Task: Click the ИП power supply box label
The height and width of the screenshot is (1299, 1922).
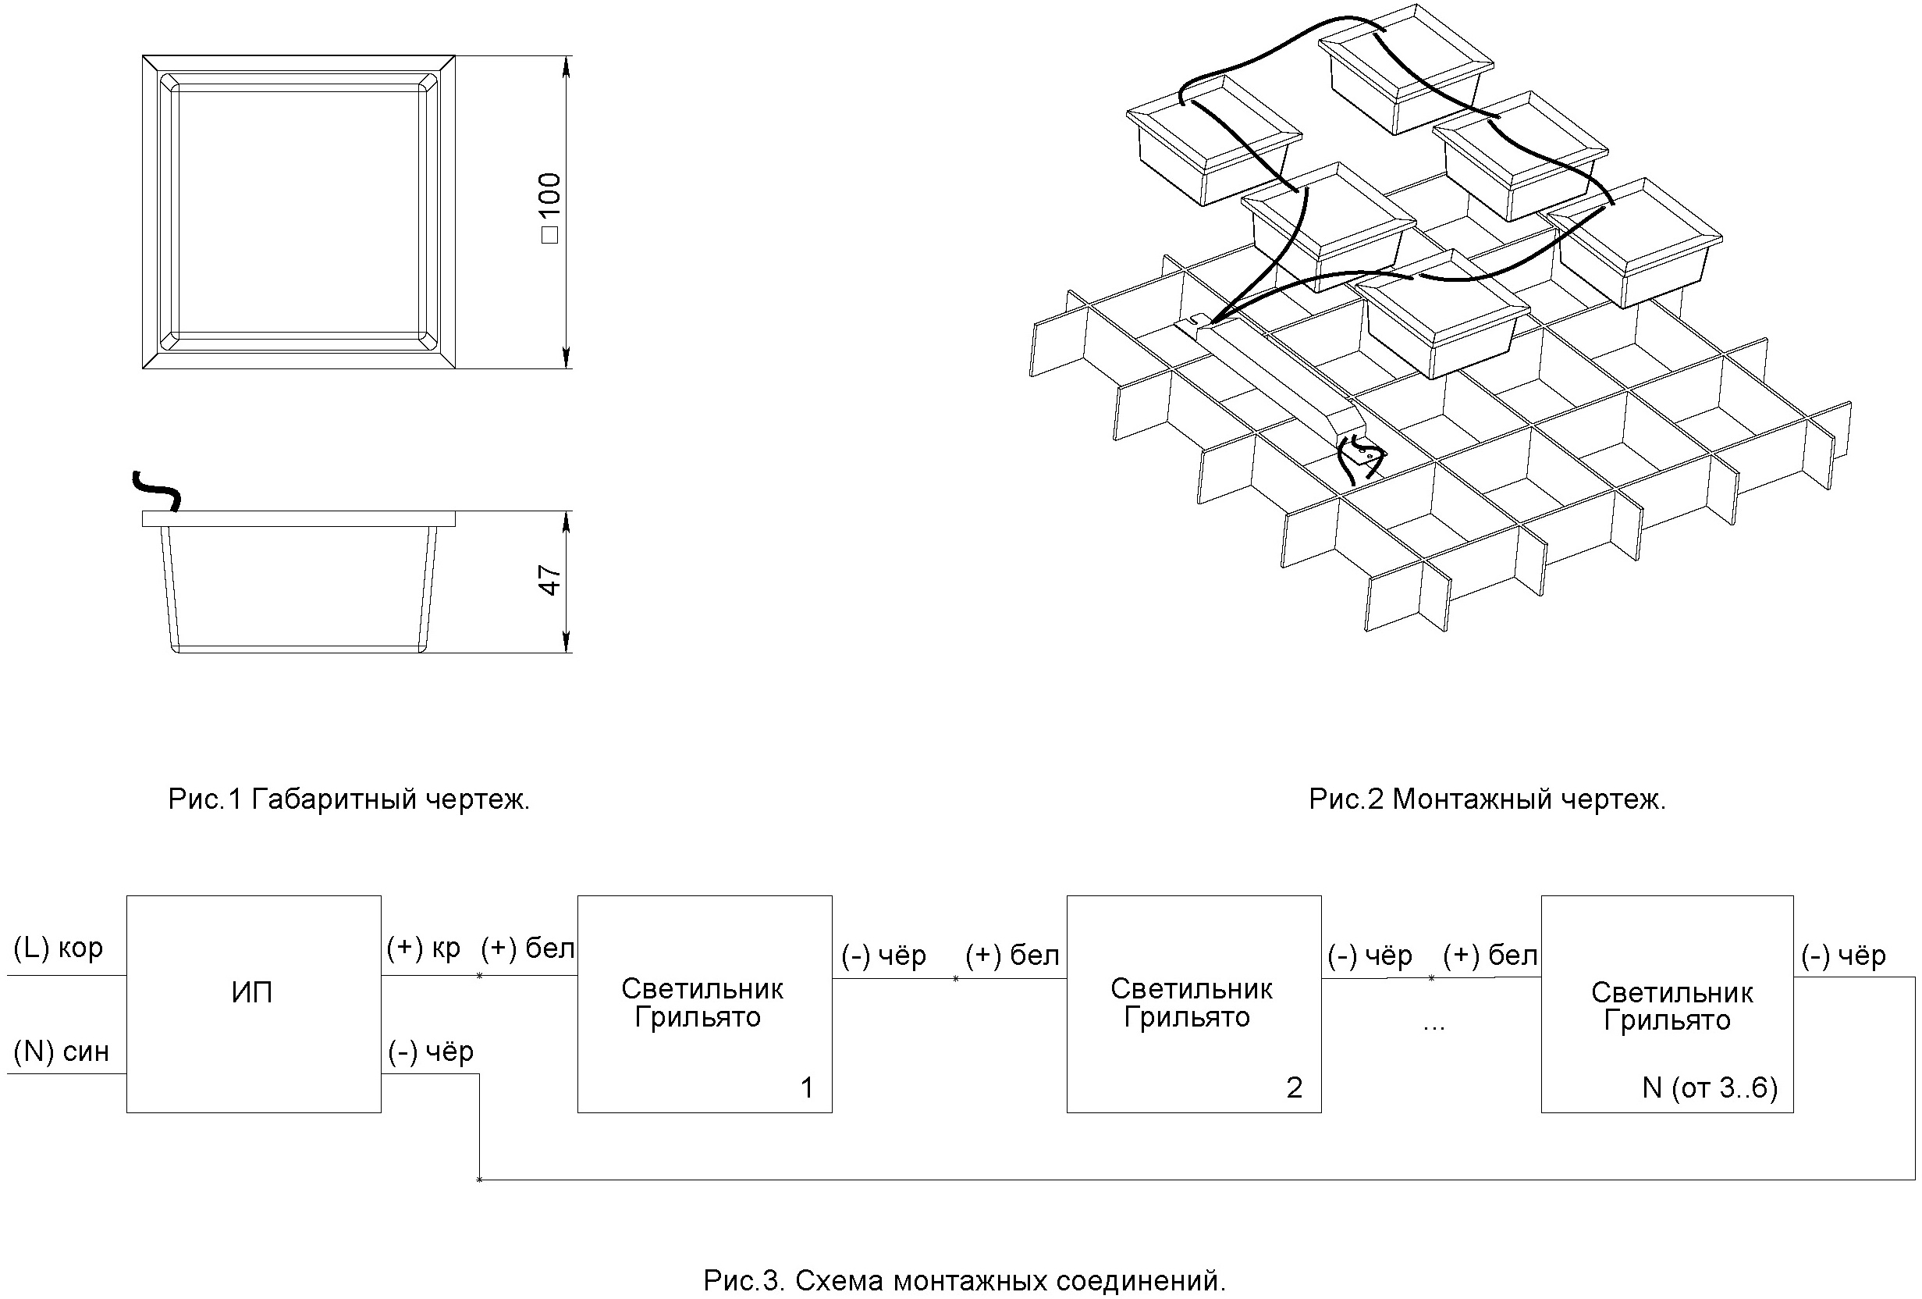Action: click(251, 992)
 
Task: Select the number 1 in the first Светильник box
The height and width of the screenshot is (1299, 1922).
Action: click(807, 1087)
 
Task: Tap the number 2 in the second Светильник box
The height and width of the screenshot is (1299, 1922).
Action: click(1295, 1087)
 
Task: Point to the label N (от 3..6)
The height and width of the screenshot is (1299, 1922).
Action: click(1710, 1087)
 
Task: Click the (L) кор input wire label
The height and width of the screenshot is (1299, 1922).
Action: click(59, 948)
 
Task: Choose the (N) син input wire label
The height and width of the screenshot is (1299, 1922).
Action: click(61, 1052)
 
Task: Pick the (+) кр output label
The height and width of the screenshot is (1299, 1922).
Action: click(423, 948)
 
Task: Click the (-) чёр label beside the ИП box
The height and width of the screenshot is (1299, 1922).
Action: click(431, 1052)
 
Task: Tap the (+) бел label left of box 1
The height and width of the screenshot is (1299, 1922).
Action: click(527, 948)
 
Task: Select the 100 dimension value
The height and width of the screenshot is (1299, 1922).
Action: click(550, 194)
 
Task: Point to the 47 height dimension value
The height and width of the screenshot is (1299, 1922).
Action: click(550, 580)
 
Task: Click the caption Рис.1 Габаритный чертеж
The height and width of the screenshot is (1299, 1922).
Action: click(349, 799)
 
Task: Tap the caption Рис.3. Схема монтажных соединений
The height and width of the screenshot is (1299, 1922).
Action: click(965, 1281)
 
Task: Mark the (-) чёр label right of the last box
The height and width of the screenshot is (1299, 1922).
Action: click(1843, 956)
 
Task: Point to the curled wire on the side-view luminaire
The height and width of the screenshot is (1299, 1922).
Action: click(157, 489)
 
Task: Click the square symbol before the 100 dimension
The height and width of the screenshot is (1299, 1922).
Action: click(550, 235)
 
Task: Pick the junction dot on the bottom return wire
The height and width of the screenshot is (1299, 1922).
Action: click(480, 1180)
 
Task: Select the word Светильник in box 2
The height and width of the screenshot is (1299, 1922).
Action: click(1191, 989)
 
